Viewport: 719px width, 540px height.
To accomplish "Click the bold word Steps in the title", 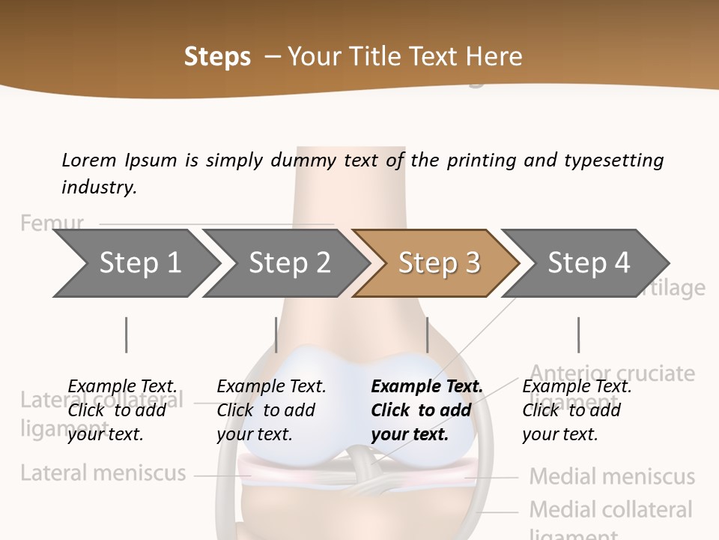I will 217,57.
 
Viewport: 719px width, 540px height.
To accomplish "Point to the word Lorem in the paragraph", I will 89,160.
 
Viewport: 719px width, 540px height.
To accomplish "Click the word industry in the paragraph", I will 99,187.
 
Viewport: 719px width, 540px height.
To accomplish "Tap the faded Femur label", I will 52,223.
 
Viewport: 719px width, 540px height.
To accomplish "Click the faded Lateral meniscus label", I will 103,473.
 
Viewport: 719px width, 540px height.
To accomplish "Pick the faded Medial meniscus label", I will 612,476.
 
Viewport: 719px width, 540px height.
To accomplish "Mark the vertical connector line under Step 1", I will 126,334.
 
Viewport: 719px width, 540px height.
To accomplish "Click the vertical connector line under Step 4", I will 578,334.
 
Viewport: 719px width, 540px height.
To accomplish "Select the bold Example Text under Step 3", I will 427,386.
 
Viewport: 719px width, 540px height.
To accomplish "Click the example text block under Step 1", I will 122,410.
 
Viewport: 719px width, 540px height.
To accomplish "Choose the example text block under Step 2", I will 271,410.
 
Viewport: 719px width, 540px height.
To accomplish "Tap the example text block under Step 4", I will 577,410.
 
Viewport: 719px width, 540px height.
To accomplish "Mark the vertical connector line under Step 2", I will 276,334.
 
